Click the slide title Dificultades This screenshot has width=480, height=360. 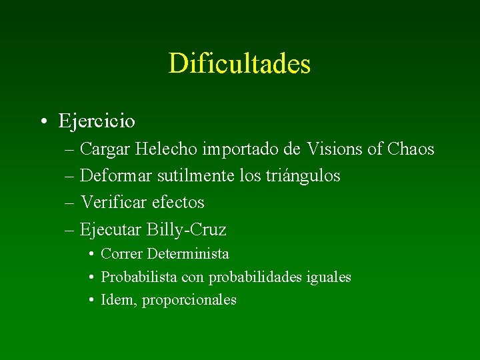click(239, 64)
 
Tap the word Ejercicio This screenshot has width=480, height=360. click(97, 121)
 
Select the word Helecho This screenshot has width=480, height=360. click(161, 149)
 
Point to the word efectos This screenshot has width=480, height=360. click(178, 202)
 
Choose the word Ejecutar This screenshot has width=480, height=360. click(109, 230)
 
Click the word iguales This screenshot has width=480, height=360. click(327, 277)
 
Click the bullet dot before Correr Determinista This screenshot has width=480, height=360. click(90, 254)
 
